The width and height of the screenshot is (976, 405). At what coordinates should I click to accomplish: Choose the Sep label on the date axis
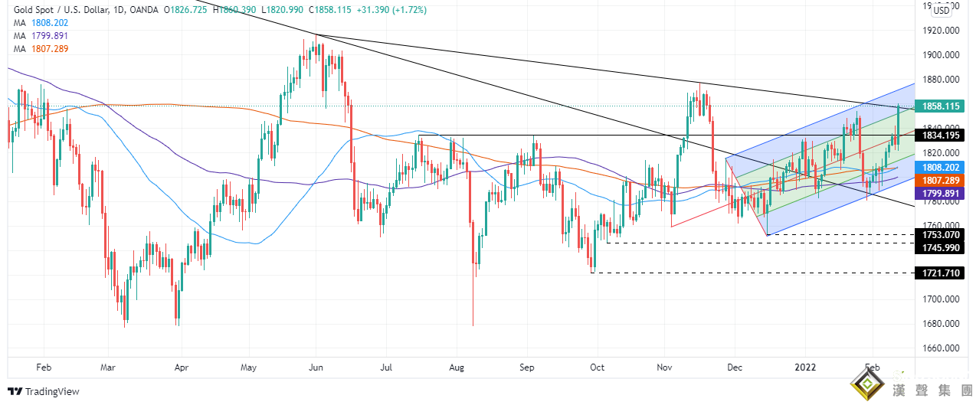[x=526, y=367]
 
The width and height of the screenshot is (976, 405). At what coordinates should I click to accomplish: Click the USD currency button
[x=941, y=10]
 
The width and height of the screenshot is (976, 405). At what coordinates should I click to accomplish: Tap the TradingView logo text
[x=52, y=392]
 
